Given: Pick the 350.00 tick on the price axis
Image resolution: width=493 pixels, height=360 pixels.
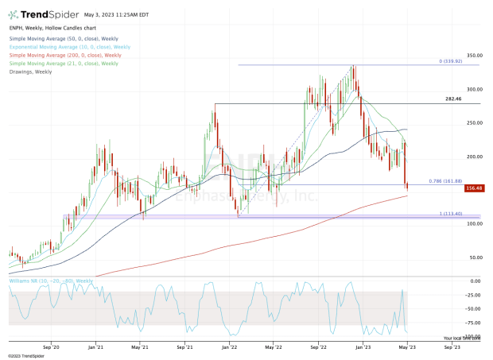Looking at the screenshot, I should pos(476,56).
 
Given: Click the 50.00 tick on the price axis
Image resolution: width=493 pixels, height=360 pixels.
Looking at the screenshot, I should pos(474,257).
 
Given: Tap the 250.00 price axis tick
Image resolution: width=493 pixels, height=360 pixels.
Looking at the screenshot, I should pos(476,123).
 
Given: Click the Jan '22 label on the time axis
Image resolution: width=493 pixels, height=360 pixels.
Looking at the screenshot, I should pos(231,346).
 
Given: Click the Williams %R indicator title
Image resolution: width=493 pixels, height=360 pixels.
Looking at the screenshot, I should pos(51,281).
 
